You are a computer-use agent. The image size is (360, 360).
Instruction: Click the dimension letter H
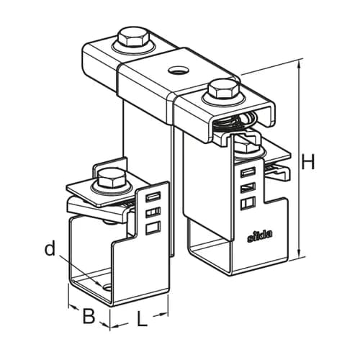coord(307,161)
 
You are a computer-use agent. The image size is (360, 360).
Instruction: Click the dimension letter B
coord(89,316)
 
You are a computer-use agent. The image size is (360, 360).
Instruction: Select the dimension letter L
coord(142,318)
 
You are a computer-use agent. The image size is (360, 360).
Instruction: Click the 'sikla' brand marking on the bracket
coord(260,238)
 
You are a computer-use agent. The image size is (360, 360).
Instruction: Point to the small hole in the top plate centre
coord(178,70)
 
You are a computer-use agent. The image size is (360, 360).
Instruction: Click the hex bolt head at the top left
coord(133,37)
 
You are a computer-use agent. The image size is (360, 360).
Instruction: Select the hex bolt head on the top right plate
coord(224,88)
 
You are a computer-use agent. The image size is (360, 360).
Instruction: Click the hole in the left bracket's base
coord(107,287)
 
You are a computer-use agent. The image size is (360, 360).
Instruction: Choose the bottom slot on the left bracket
coord(153,228)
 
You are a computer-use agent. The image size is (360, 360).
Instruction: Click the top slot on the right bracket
coord(248,172)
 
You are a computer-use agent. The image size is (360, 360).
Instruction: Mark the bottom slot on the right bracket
coord(248,201)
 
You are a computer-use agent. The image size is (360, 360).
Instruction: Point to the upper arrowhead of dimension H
coord(299,64)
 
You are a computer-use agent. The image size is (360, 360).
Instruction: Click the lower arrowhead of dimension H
coord(299,255)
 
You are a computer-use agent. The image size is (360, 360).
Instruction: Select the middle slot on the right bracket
coord(248,186)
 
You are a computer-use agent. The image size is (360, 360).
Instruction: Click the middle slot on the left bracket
coord(153,212)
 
